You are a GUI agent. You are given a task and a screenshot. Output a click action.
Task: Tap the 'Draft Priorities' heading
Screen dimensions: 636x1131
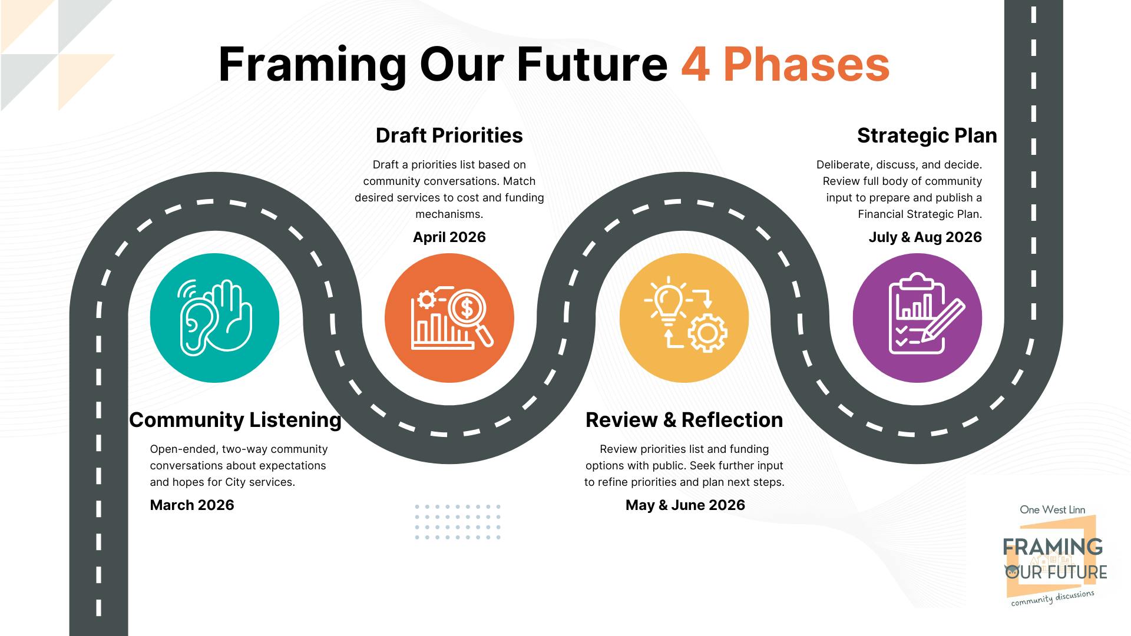[449, 135]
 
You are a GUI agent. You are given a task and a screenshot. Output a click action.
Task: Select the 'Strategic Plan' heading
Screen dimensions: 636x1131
[927, 135]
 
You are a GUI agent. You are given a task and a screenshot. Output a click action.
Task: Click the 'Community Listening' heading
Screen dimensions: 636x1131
[235, 420]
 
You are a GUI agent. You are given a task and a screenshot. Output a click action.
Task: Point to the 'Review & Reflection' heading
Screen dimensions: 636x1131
[684, 420]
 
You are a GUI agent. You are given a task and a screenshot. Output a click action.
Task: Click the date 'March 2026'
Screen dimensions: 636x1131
[192, 505]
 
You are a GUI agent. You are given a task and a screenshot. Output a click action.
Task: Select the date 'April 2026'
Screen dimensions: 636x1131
[449, 237]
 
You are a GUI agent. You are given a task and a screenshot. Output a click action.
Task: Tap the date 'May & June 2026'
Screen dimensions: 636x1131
[685, 505]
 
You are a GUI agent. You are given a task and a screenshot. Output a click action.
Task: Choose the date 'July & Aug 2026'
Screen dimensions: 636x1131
[925, 237]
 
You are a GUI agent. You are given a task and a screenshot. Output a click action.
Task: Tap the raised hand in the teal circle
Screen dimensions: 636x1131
[231, 315]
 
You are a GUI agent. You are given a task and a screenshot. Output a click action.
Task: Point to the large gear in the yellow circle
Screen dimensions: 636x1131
[707, 333]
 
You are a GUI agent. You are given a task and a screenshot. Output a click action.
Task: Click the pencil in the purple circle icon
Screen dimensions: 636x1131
[943, 321]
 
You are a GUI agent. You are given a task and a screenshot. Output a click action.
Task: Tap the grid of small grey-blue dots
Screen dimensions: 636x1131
[457, 522]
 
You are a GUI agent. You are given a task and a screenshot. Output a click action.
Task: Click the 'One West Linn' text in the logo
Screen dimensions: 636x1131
[1052, 510]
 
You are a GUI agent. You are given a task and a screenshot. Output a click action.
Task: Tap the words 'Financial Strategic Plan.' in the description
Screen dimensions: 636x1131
[920, 214]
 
